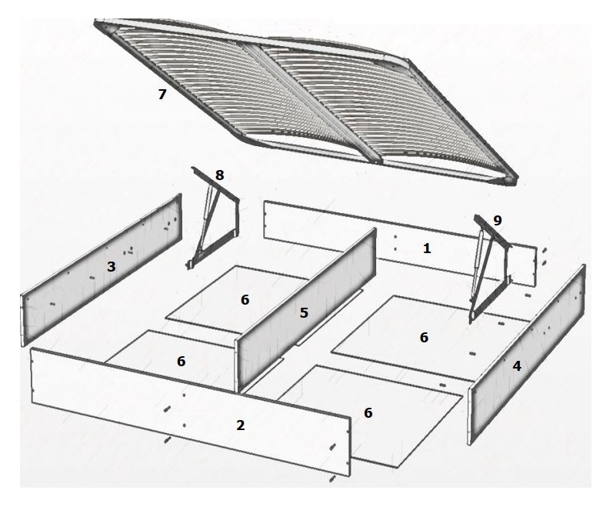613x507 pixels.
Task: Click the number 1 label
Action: tap(427, 248)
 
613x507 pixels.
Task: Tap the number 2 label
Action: tap(241, 425)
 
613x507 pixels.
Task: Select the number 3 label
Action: tap(112, 267)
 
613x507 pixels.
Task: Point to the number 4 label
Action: tap(517, 366)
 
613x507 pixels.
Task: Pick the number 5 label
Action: tap(304, 312)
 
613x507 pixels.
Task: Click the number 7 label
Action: tap(162, 94)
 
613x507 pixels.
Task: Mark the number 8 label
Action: tap(220, 175)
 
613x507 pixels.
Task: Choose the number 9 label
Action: tap(498, 221)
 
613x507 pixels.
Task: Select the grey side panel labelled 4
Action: tap(528, 354)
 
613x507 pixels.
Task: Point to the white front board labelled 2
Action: tap(191, 412)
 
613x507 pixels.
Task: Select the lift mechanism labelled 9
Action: tap(488, 270)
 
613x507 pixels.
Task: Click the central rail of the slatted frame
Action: tap(313, 104)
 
